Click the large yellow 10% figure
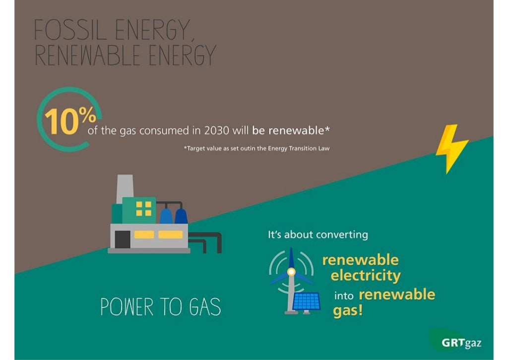(x=69, y=120)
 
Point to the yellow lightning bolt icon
(x=451, y=147)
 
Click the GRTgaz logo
(x=461, y=342)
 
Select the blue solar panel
(x=306, y=301)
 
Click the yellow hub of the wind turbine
(x=291, y=272)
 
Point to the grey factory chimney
(x=125, y=189)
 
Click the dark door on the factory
(x=122, y=240)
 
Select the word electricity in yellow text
(x=366, y=276)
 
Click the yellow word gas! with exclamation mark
(x=348, y=312)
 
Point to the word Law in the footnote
(x=322, y=148)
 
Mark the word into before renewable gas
(x=344, y=295)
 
